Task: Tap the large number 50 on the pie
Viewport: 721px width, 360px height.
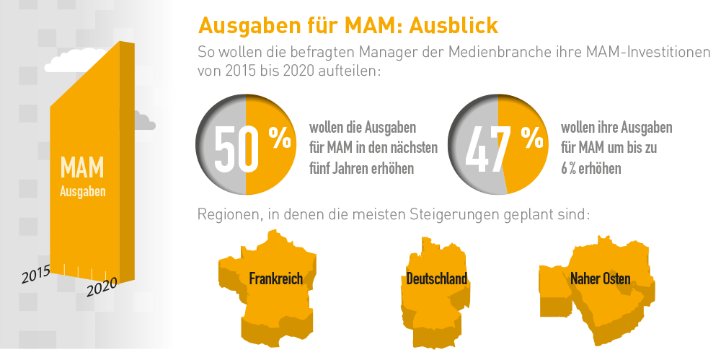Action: point(236,150)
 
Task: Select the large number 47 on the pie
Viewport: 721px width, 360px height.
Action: point(487,150)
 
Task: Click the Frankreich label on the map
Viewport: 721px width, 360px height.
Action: point(276,278)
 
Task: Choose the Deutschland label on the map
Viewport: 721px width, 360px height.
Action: point(436,278)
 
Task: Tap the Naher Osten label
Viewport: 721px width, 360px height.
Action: point(600,278)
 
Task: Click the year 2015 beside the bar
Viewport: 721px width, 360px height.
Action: point(35,274)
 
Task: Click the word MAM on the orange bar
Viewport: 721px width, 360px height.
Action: point(82,169)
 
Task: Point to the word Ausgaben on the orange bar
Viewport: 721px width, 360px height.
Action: point(82,192)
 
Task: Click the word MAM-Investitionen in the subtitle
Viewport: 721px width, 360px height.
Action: point(634,53)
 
